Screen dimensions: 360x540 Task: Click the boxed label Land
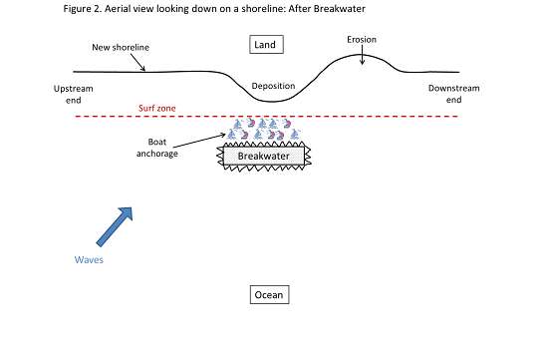point(268,44)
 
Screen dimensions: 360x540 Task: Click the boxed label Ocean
point(269,295)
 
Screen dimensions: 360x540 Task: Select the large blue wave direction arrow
point(114,226)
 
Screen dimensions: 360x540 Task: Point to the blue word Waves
point(89,259)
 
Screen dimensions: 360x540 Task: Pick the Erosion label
point(362,40)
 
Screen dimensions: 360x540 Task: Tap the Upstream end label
point(72,94)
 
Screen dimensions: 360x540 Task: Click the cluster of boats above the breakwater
point(261,132)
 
